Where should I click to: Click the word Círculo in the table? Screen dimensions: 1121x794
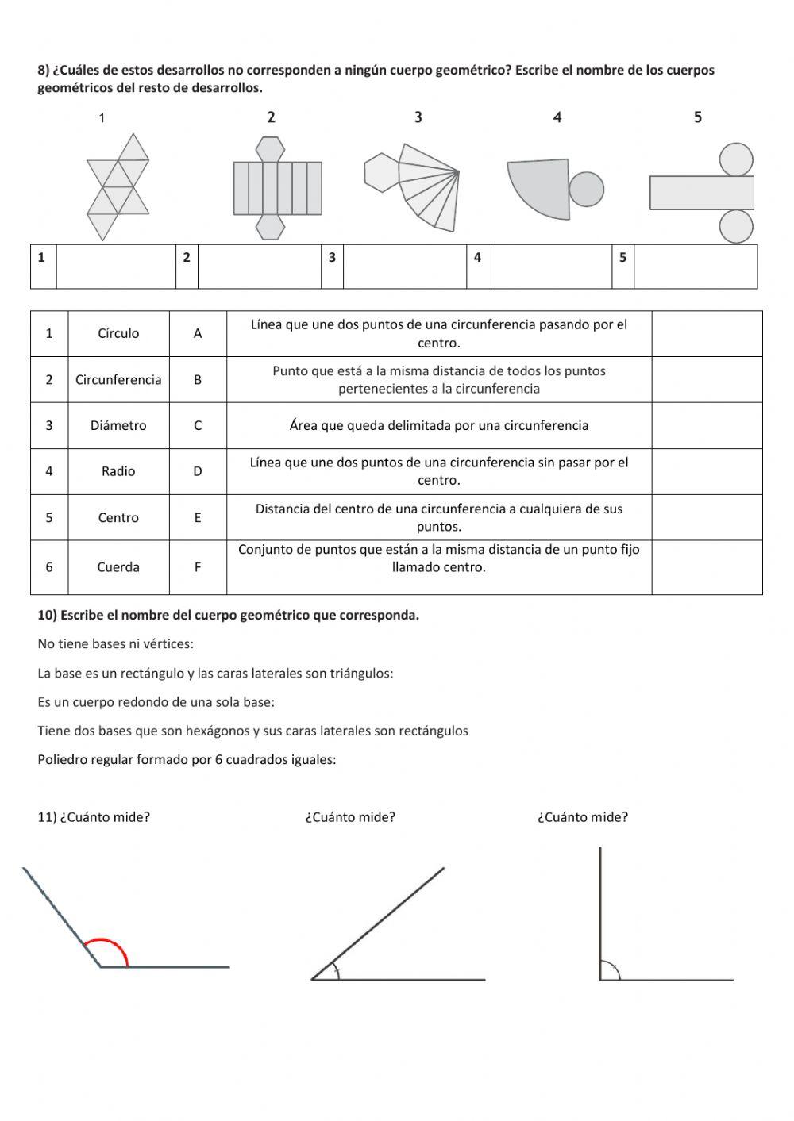tap(118, 333)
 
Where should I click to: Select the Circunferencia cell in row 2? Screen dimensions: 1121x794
tap(118, 379)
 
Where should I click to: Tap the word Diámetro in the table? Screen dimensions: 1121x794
tap(118, 425)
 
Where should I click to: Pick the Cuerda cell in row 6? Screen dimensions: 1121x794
tap(118, 566)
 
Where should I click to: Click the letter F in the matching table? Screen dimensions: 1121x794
tap(198, 566)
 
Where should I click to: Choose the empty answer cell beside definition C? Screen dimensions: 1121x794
tap(707, 425)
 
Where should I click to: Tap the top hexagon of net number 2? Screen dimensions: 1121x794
tap(270, 149)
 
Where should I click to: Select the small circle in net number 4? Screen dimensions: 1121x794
tap(586, 189)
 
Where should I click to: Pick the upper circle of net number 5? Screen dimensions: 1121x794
tap(736, 159)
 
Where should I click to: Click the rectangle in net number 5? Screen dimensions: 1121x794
tap(701, 193)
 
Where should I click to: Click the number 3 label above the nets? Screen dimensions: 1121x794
tap(418, 117)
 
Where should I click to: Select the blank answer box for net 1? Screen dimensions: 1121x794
tap(116, 267)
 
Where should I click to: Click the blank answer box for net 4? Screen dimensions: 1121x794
tap(551, 267)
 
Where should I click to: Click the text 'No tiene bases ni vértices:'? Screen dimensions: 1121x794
tap(116, 644)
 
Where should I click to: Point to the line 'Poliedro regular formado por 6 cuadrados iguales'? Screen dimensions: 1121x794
tap(187, 759)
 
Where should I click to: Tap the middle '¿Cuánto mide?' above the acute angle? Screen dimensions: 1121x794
tap(350, 817)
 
